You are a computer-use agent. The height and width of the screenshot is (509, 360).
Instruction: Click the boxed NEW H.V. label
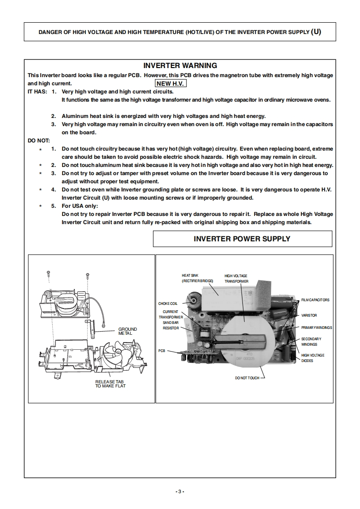click(x=171, y=83)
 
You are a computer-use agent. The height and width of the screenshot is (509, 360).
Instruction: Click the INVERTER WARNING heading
click(x=180, y=66)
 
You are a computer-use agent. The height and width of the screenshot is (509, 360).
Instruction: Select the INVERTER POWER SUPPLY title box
click(x=242, y=239)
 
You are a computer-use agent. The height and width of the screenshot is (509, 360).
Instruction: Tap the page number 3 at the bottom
click(x=180, y=492)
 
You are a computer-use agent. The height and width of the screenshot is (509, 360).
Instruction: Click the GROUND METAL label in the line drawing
click(x=128, y=331)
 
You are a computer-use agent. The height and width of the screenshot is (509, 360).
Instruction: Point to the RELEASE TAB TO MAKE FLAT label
click(x=110, y=384)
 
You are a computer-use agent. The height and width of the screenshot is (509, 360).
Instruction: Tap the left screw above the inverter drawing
click(x=48, y=274)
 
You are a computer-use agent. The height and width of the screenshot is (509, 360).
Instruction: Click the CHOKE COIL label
click(x=168, y=303)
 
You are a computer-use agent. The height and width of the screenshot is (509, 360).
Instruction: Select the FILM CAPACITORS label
click(x=315, y=300)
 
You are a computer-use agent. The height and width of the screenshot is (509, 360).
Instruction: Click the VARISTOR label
click(x=309, y=315)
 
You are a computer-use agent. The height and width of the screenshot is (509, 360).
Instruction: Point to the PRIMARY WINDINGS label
click(x=316, y=328)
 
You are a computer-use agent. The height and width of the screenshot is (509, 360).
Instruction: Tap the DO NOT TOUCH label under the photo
click(x=247, y=378)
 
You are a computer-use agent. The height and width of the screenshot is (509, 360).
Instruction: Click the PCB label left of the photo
click(x=162, y=351)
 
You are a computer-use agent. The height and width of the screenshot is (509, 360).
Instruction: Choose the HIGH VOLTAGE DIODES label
click(x=313, y=358)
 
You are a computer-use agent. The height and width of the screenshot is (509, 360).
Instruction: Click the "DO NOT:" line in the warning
click(x=39, y=141)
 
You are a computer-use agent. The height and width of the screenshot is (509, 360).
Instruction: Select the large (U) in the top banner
click(x=316, y=32)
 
